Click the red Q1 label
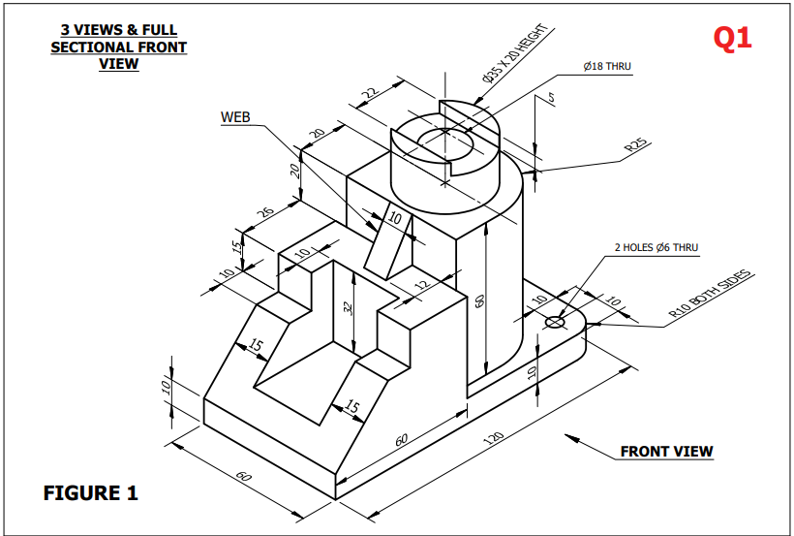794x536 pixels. point(732,38)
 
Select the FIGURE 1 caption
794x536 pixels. point(91,492)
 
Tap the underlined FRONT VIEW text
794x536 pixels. point(666,451)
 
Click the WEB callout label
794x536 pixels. point(235,117)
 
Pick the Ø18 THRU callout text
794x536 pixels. point(607,67)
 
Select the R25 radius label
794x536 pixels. point(636,146)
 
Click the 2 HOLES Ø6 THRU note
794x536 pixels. point(656,248)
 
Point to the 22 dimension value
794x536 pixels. point(369,94)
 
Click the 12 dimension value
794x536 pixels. point(420,286)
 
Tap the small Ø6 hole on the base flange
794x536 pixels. point(556,322)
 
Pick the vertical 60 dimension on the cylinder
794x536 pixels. point(479,300)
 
